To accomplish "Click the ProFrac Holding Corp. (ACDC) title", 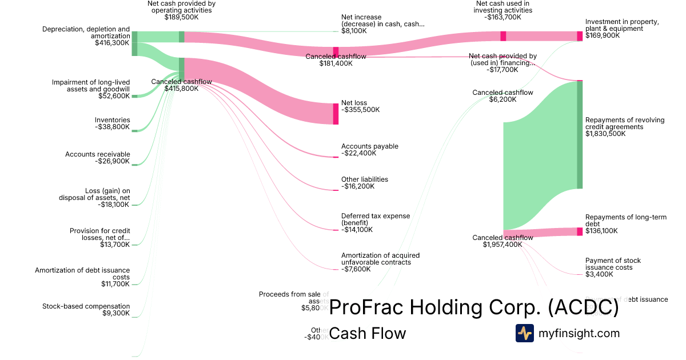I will point(474,307).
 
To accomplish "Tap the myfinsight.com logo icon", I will point(524,333).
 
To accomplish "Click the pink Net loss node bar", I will point(336,113).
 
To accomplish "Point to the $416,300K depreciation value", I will point(112,42).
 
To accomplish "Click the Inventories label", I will point(112,120).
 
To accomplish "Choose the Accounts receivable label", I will point(98,154).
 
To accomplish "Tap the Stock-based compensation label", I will point(86,306).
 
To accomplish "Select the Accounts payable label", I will point(369,146).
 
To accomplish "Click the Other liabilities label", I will point(364,179).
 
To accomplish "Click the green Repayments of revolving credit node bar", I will point(579,135).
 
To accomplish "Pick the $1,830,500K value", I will point(605,134).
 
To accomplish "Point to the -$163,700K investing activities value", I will point(504,17).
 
